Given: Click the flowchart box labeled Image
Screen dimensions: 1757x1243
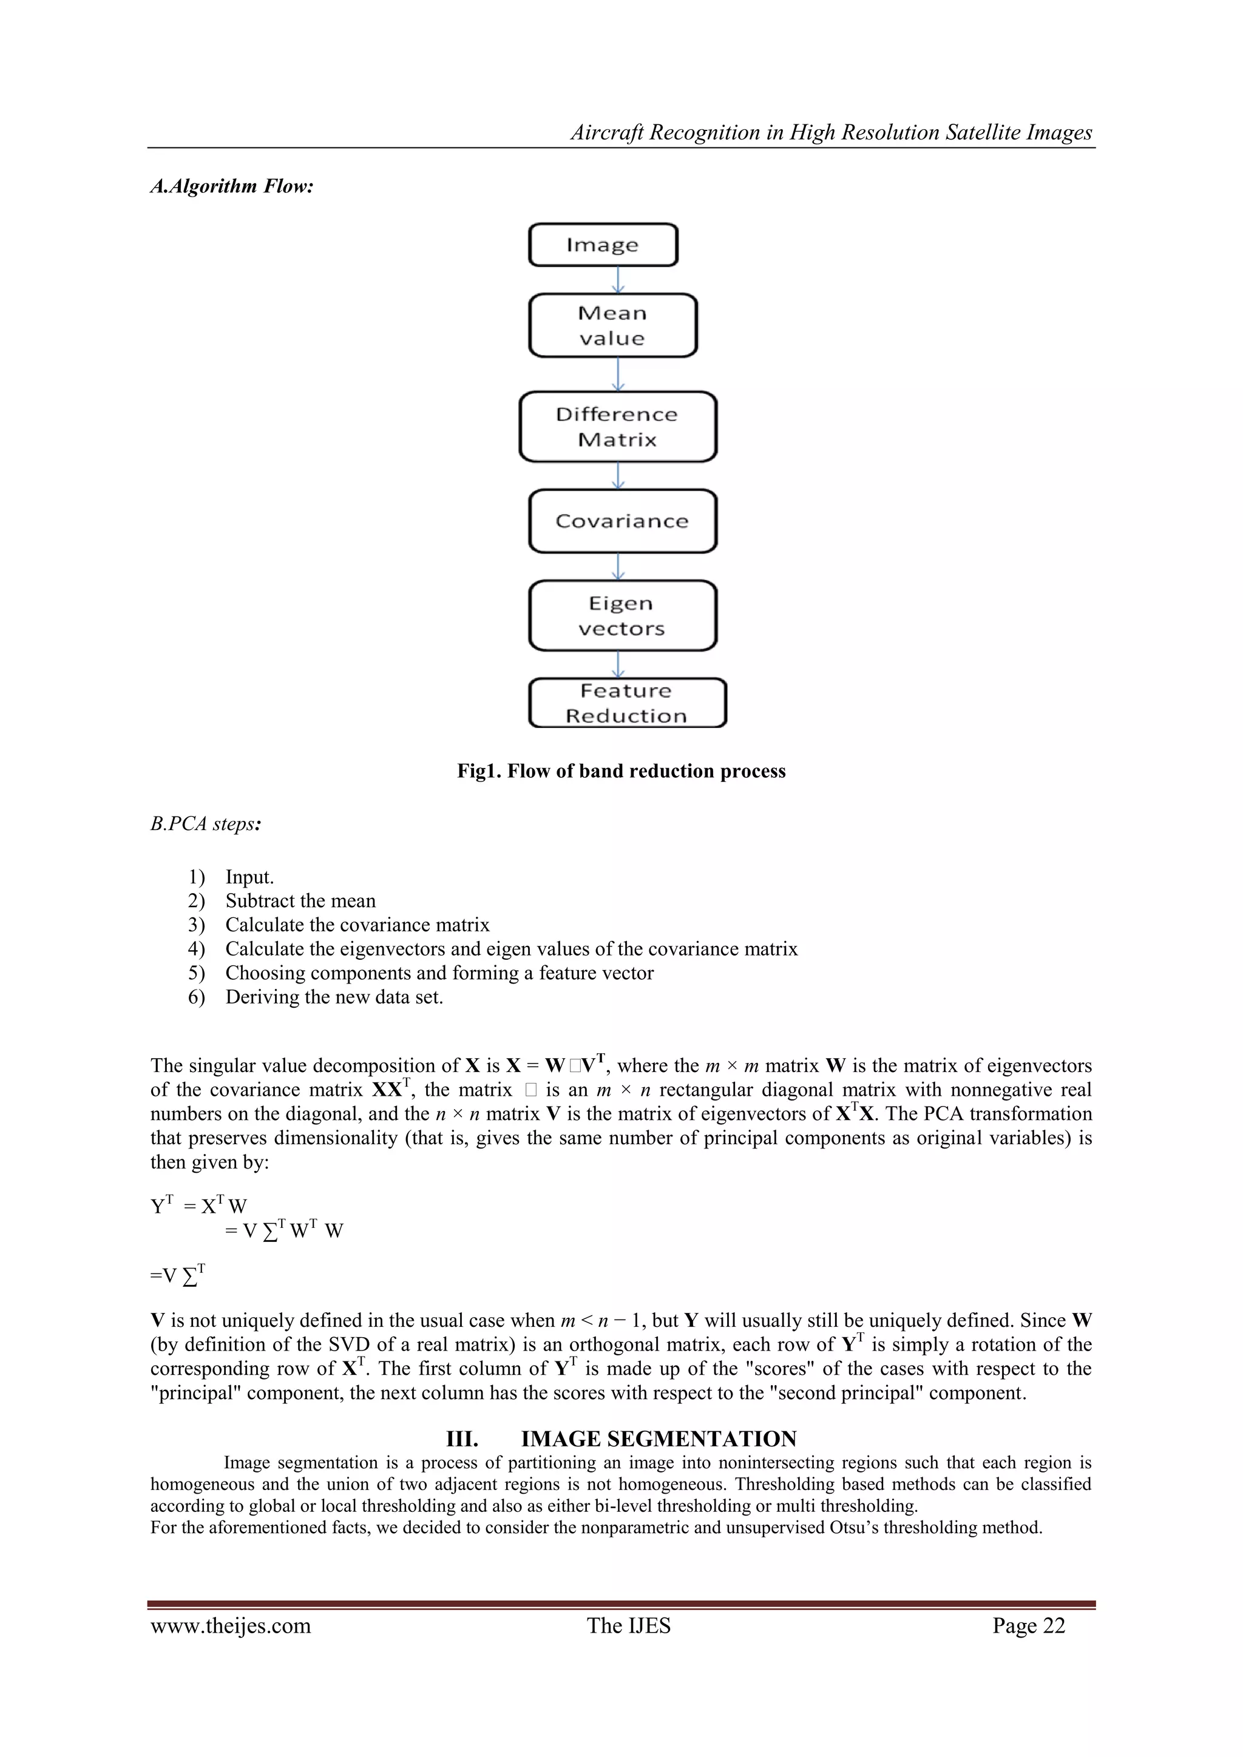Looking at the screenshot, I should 603,245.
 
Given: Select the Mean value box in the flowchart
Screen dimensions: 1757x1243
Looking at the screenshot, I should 612,325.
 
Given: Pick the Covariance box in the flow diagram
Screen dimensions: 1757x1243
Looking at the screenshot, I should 622,521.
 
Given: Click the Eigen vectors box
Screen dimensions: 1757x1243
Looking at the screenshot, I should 622,616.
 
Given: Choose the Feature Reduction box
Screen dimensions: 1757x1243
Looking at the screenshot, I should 627,703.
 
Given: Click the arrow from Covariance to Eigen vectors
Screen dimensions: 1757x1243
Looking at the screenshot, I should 618,566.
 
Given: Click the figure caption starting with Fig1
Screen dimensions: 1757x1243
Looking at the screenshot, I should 621,771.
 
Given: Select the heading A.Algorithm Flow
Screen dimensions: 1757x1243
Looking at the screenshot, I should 232,186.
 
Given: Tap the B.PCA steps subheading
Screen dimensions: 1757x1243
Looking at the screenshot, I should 206,824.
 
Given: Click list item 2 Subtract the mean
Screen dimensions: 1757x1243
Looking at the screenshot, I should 300,901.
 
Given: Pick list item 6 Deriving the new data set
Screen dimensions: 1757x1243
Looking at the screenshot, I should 334,997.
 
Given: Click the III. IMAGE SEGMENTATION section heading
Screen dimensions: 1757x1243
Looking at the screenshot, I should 621,1438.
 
